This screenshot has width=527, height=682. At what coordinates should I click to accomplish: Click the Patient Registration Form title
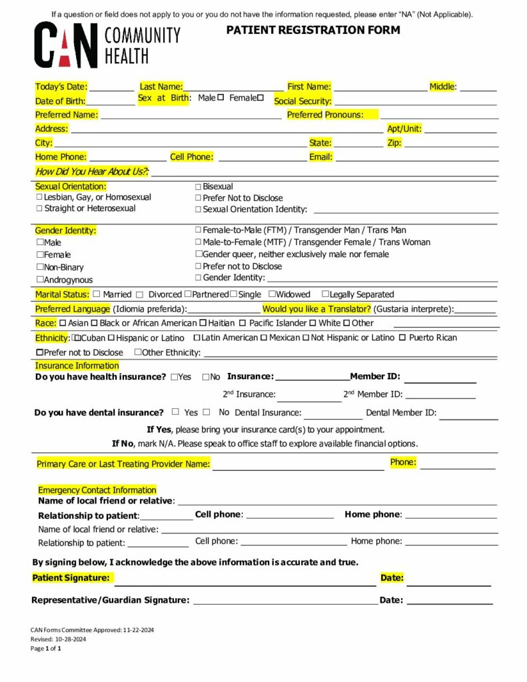pos(313,30)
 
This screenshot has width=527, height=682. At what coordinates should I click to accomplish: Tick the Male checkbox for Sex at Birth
pos(221,98)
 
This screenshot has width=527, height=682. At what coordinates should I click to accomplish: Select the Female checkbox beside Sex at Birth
pos(261,98)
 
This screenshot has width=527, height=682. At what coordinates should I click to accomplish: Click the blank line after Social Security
pos(415,101)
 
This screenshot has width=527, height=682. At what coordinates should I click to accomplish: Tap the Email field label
pos(320,157)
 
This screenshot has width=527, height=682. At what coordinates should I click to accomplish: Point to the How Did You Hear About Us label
pos(91,172)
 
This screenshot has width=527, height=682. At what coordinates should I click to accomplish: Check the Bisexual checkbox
pos(198,187)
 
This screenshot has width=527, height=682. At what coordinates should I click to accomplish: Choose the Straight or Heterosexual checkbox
pos(39,208)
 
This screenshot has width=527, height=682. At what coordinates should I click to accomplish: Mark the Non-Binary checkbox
pos(40,267)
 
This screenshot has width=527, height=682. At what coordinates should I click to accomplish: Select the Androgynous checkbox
pos(40,280)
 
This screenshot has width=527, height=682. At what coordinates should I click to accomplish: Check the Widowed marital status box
pos(272,294)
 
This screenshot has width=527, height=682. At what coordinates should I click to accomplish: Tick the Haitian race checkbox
pos(203,323)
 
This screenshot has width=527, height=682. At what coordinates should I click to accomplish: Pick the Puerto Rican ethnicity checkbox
pos(402,338)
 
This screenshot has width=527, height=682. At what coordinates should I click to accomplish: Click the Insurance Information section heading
pos(77,366)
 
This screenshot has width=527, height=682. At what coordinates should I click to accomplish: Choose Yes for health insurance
pos(174,377)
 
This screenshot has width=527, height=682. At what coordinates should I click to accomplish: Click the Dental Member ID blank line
pos(468,414)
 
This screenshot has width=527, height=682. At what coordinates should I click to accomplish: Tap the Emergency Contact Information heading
pos(97,490)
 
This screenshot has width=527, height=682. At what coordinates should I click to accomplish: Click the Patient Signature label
pos(71,578)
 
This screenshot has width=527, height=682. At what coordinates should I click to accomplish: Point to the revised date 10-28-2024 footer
pos(58,639)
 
